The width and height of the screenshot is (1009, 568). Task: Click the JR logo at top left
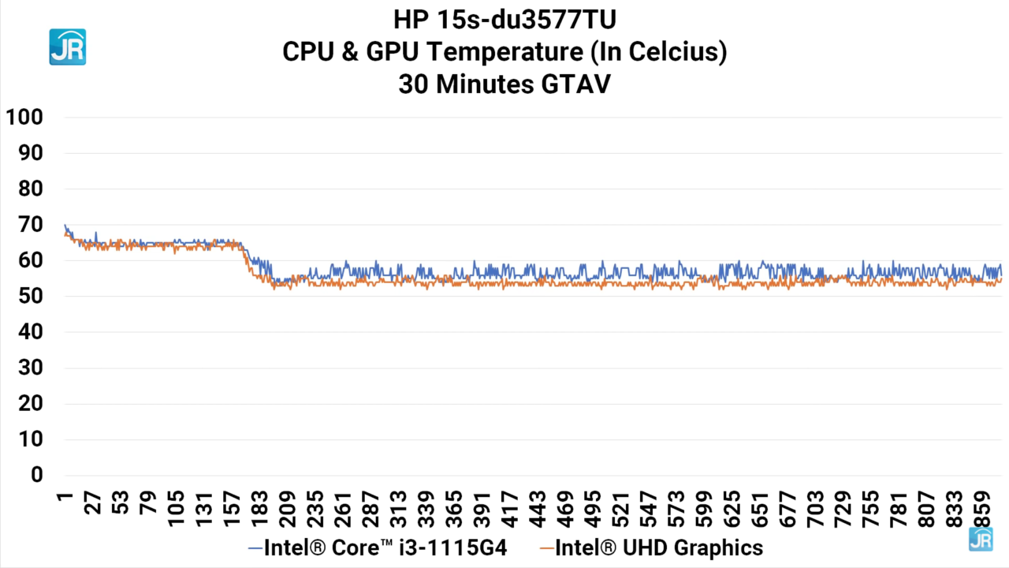tap(67, 47)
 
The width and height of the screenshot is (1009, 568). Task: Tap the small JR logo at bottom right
tap(980, 539)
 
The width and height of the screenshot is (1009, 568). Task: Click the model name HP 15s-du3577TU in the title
tap(504, 18)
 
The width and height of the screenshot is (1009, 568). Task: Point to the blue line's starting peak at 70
tap(65, 225)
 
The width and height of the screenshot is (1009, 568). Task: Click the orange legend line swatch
tap(546, 547)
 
